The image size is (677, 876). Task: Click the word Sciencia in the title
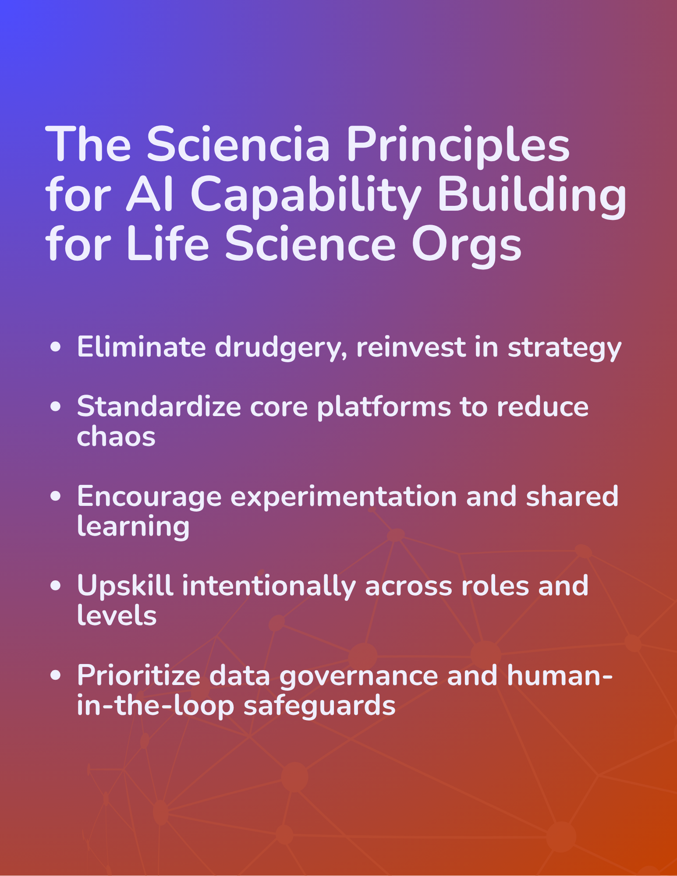[x=238, y=144]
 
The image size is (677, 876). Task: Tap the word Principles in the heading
[x=458, y=147]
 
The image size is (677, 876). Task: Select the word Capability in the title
[x=305, y=196]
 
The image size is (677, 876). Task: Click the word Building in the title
[x=532, y=196]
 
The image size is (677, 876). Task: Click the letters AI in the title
[x=150, y=194]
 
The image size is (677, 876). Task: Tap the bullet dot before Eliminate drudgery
[x=56, y=347]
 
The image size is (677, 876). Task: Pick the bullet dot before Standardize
[x=56, y=406]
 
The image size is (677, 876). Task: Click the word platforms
[x=384, y=407]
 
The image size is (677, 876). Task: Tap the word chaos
[x=116, y=437]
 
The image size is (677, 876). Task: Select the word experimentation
[x=344, y=497]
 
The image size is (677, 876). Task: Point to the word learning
[x=133, y=527]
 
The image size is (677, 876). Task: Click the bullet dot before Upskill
[x=56, y=586]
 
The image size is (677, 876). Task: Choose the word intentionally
[x=269, y=586]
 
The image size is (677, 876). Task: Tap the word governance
[x=358, y=677]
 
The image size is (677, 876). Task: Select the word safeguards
[x=319, y=706]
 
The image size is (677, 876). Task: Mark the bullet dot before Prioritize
[x=56, y=676]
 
